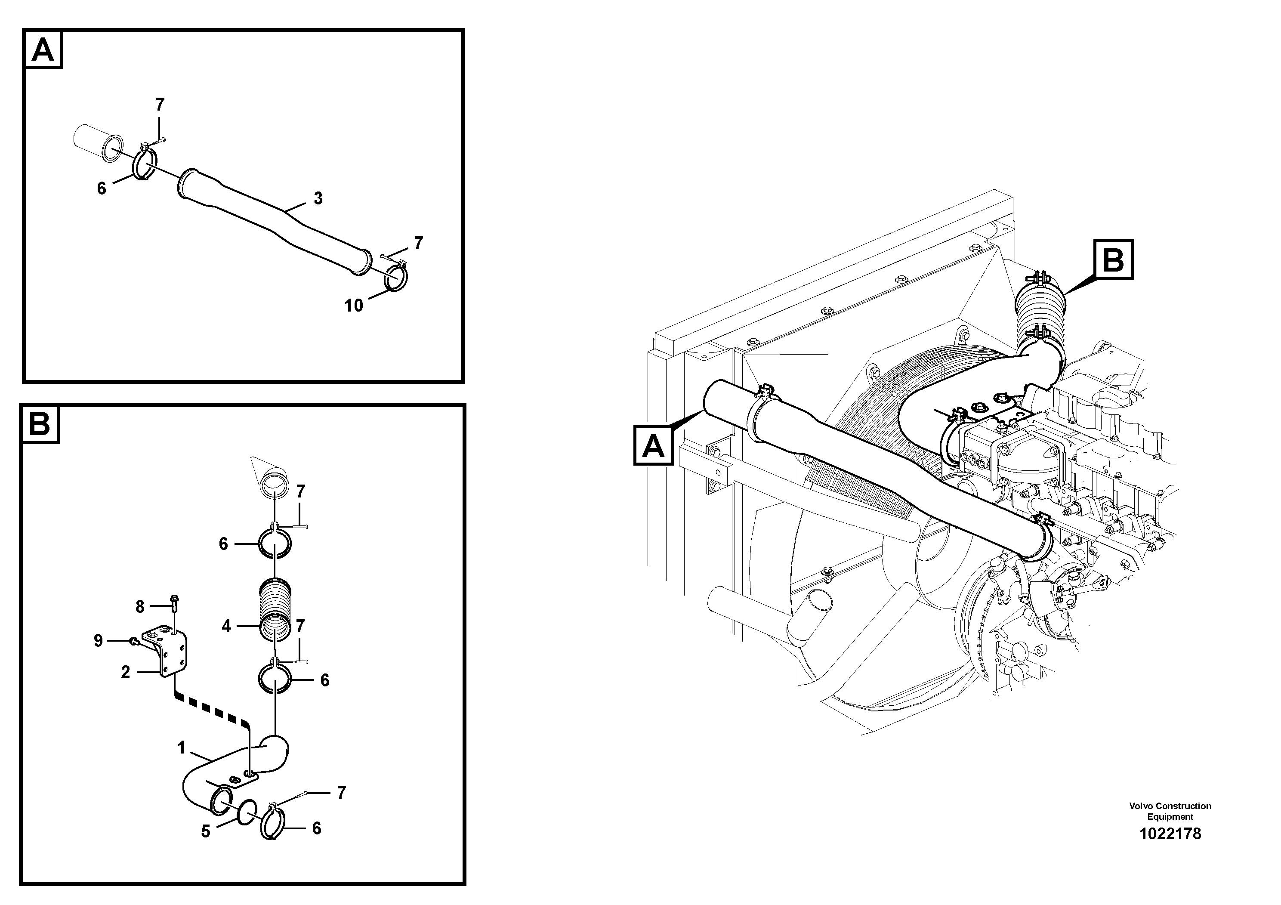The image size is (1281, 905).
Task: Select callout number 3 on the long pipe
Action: click(x=318, y=198)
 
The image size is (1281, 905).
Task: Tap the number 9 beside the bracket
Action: click(x=98, y=640)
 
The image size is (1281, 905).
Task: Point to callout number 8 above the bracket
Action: click(x=140, y=606)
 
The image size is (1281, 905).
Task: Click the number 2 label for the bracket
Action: click(x=126, y=672)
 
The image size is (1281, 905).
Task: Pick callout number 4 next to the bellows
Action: click(x=226, y=626)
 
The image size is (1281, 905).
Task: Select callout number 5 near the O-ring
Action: click(x=206, y=831)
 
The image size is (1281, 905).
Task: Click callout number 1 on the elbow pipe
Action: click(x=181, y=747)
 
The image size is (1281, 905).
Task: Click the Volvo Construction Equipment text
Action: click(x=1170, y=811)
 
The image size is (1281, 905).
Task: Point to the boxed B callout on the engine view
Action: click(x=1113, y=259)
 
